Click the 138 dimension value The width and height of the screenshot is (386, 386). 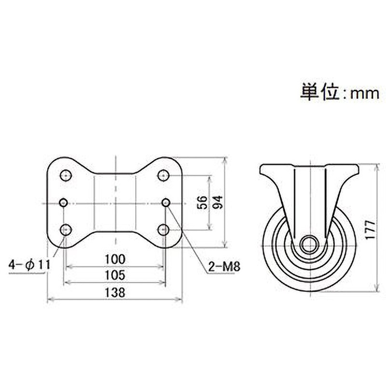[115, 292]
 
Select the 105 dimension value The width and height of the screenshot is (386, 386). [115, 275]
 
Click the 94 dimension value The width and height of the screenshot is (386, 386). [218, 202]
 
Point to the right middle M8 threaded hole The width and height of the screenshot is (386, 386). [165, 202]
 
